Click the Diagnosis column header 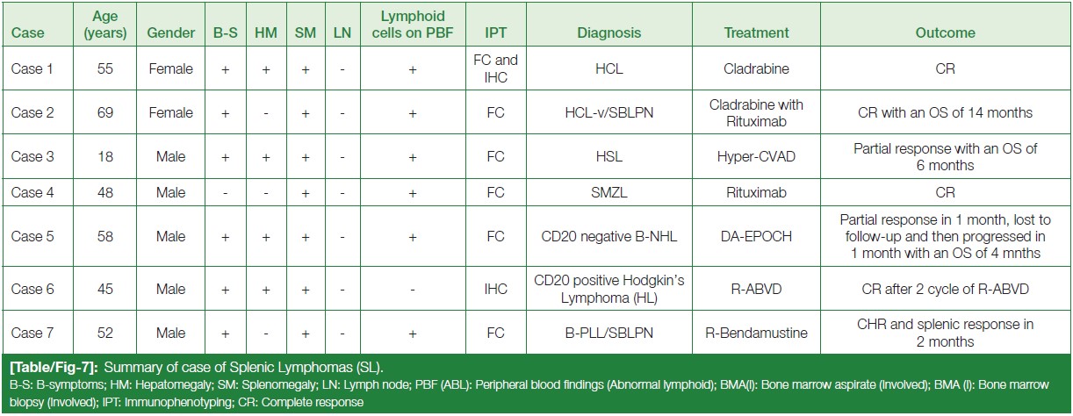[x=609, y=32]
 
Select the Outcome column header [x=945, y=32]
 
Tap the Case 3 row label [x=32, y=156]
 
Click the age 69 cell [x=104, y=112]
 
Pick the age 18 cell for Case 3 [x=104, y=156]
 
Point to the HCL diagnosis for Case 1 [x=609, y=68]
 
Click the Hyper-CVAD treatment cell [x=756, y=156]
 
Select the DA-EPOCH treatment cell [x=756, y=236]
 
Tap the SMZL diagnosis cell [x=609, y=192]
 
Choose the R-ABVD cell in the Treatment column [x=756, y=289]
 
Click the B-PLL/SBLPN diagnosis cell [x=609, y=333]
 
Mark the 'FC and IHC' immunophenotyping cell [x=495, y=68]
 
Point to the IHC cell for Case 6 [x=495, y=289]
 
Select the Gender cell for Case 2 [x=170, y=112]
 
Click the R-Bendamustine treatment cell [x=756, y=333]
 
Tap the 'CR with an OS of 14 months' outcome [x=945, y=112]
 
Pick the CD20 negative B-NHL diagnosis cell [x=609, y=236]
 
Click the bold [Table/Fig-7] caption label [x=54, y=367]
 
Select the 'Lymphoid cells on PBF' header [x=413, y=25]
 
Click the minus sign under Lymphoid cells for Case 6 [x=413, y=290]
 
